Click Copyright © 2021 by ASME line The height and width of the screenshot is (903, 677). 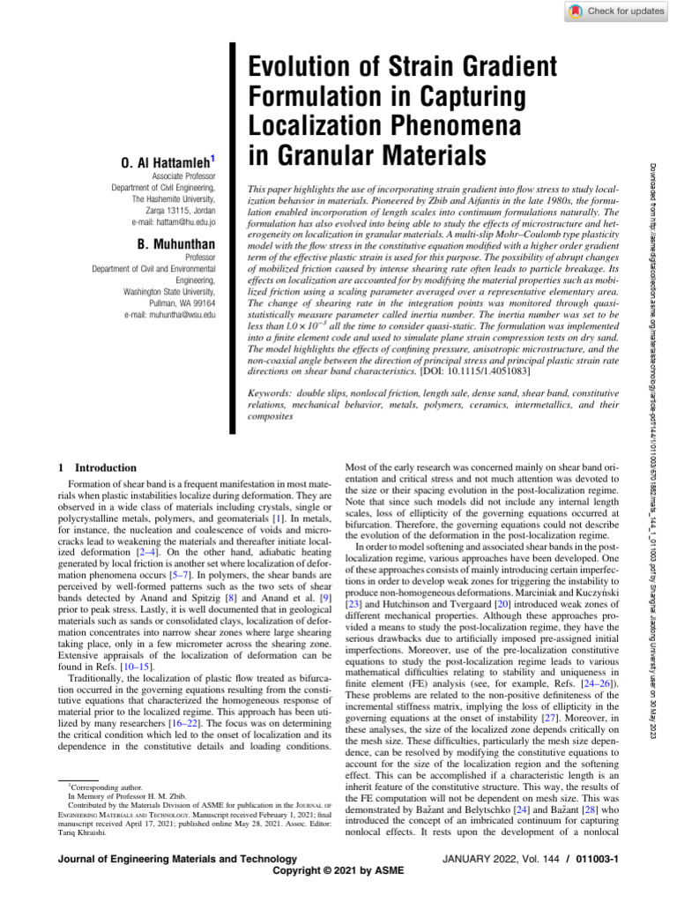(x=338, y=871)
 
